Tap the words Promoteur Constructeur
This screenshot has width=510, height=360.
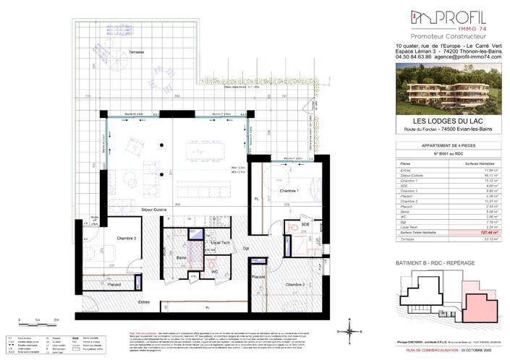pos(447,35)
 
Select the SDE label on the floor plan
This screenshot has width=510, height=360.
pos(306,224)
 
